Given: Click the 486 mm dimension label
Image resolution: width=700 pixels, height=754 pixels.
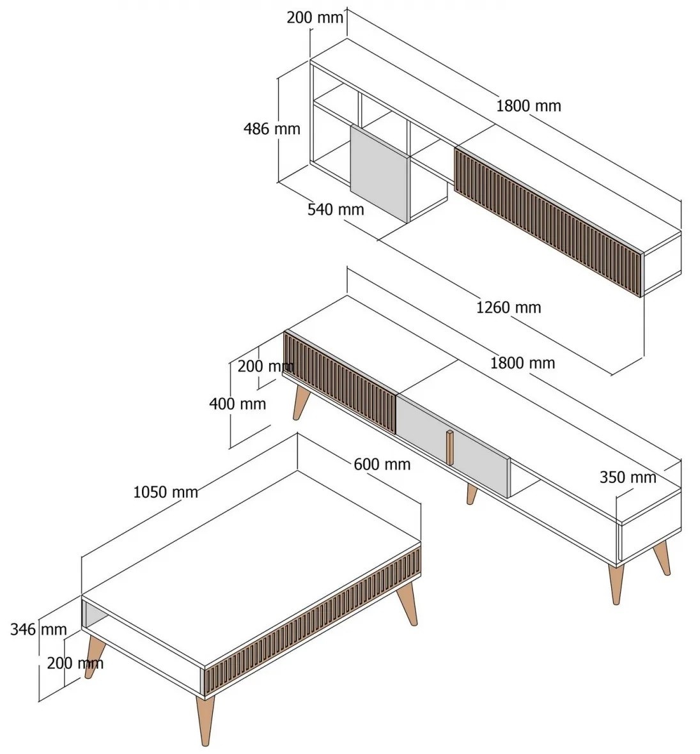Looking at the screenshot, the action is point(272,129).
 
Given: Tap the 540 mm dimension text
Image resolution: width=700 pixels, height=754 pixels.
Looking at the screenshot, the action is point(336,210).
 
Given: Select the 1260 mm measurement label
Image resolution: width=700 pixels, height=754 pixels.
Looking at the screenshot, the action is point(508,307).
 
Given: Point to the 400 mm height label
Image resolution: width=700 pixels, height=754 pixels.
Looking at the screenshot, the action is point(238,403).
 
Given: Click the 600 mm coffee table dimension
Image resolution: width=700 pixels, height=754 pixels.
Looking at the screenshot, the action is point(382,464).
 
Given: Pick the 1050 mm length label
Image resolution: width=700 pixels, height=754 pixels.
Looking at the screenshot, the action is point(166,492).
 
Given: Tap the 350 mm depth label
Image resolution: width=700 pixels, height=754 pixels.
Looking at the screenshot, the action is point(628,477).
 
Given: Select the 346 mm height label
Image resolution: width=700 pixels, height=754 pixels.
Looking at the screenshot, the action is point(38,629).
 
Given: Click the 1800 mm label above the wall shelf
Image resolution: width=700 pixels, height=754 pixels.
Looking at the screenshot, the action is point(529,106).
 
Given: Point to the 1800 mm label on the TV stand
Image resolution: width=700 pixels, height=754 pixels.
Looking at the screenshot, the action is point(522,362).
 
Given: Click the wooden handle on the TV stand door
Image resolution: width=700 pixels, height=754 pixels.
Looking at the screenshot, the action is point(449,448).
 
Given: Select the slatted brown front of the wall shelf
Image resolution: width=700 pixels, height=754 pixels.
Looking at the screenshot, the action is point(548,221).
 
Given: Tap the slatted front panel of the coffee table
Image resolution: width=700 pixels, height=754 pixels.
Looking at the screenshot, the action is point(313,620).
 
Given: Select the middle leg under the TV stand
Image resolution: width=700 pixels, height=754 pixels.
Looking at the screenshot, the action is point(472,494).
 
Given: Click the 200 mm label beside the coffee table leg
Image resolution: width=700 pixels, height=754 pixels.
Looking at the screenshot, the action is point(75,663).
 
